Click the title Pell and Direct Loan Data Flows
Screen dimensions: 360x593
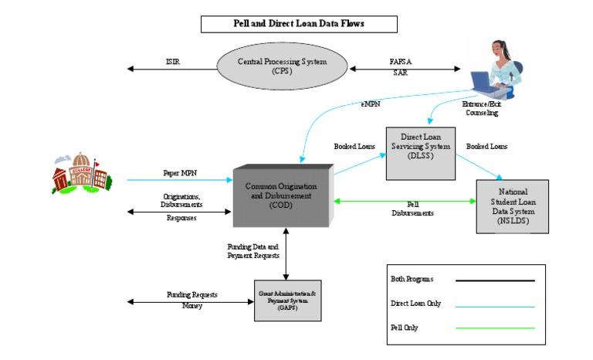pos(299,24)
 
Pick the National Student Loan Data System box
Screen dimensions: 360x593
pos(512,205)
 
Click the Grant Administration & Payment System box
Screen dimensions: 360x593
pos(287,301)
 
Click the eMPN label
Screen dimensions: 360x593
pos(371,102)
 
